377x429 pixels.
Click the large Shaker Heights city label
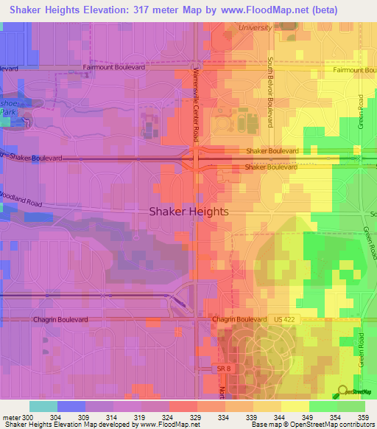tap(188, 211)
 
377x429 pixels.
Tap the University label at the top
tap(255, 27)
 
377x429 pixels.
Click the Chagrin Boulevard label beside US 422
tap(239, 319)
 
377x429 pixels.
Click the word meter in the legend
tap(13, 418)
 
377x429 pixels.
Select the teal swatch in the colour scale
tap(43, 406)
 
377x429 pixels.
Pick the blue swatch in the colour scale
tap(71, 406)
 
